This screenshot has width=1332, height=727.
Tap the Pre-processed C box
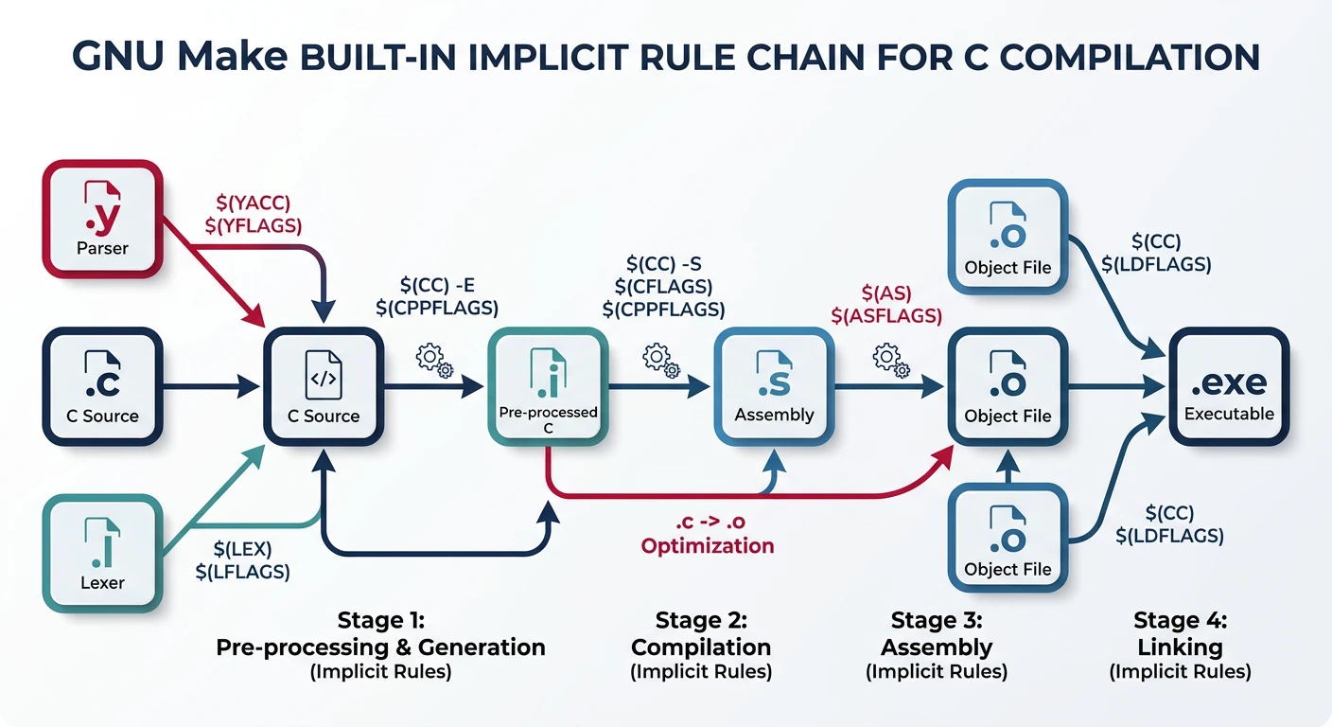(548, 385)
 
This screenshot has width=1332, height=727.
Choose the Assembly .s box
(774, 385)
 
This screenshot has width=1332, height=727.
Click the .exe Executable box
(1229, 385)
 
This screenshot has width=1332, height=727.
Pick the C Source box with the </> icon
(324, 385)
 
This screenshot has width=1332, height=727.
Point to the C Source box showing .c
(103, 385)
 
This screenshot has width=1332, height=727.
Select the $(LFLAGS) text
(242, 572)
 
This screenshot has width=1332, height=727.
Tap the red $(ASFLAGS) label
(885, 315)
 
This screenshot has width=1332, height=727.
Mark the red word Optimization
(708, 546)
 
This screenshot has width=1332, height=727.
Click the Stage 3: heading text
(936, 621)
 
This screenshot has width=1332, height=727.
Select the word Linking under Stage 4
(1180, 647)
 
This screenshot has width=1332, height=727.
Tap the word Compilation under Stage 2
(701, 647)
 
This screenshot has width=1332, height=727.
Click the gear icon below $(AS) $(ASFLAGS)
(890, 360)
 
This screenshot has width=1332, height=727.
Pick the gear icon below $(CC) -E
(434, 360)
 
